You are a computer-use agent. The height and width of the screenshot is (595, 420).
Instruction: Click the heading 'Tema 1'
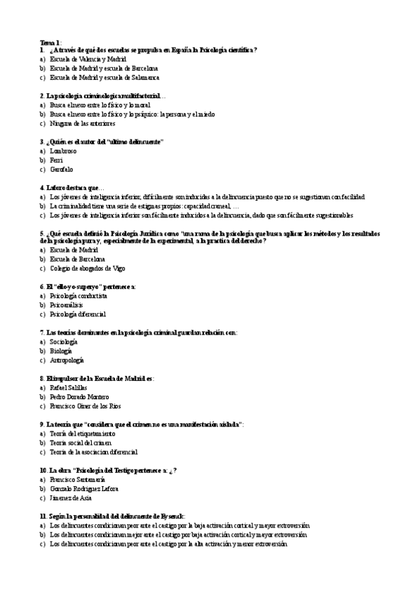click(50, 42)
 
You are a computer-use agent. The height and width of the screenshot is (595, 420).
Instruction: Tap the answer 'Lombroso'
click(63, 151)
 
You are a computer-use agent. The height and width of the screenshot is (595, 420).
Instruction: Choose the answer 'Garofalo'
click(62, 169)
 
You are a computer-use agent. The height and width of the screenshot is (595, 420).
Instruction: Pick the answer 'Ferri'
click(56, 160)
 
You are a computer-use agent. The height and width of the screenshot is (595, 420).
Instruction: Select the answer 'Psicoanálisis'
click(66, 305)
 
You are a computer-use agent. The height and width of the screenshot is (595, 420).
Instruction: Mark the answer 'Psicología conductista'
click(79, 296)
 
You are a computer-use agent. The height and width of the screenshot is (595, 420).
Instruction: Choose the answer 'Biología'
click(60, 351)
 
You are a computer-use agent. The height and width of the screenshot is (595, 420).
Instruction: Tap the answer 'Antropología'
click(67, 360)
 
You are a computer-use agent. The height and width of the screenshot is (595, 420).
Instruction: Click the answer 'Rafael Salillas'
click(70, 387)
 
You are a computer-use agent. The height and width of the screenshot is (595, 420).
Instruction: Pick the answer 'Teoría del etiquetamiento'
click(83, 434)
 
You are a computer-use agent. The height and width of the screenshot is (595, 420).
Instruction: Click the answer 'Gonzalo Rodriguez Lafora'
click(84, 488)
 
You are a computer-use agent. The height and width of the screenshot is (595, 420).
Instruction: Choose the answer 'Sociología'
click(63, 342)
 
